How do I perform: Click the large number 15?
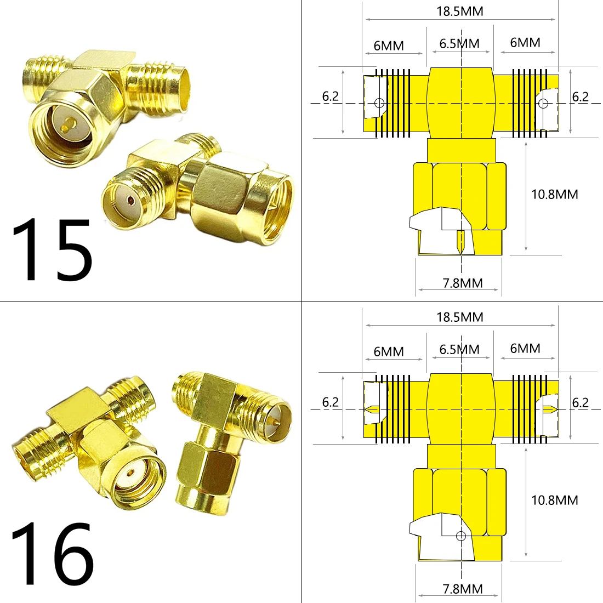(52, 250)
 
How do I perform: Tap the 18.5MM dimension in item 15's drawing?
(460, 12)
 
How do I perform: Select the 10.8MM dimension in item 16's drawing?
(554, 500)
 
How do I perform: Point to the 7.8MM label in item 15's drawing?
(463, 283)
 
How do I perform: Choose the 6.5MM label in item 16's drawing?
(459, 350)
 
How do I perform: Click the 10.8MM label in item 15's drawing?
(554, 194)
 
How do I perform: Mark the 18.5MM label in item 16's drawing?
(460, 317)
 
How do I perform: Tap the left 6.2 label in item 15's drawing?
(330, 96)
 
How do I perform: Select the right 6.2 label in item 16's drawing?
(580, 402)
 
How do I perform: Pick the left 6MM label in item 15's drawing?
(389, 45)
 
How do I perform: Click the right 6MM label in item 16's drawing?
(525, 349)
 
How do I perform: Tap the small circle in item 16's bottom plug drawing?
(461, 536)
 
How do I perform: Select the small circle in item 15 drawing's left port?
(378, 103)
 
